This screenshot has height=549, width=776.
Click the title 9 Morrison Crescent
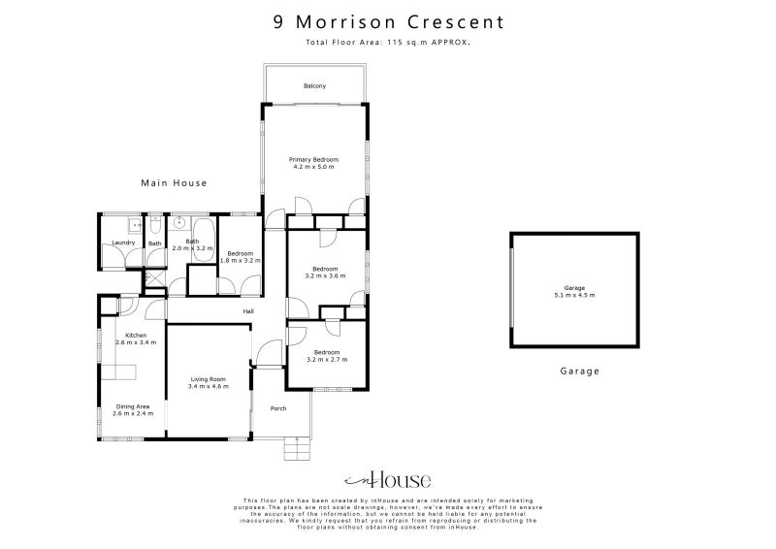(x=388, y=21)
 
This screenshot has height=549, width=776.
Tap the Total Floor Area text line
(x=388, y=44)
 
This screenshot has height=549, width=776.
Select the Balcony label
(x=314, y=86)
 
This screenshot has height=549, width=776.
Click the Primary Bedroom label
(x=313, y=159)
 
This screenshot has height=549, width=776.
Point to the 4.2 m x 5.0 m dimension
(x=313, y=167)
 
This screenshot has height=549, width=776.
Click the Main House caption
(x=174, y=182)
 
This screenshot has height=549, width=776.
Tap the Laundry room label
(x=122, y=242)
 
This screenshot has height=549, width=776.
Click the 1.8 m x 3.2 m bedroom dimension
(x=240, y=260)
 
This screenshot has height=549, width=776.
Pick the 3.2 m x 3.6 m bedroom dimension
(x=325, y=275)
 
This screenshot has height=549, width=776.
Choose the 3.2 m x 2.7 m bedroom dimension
(x=326, y=360)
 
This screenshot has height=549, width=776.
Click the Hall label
(x=248, y=311)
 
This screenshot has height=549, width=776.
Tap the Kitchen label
(x=129, y=335)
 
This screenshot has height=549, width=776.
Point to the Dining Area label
(x=132, y=406)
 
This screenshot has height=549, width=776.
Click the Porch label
(x=278, y=408)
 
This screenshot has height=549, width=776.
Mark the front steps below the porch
(x=296, y=447)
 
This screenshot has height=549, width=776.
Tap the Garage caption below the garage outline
(x=580, y=371)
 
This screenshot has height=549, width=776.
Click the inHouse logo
(x=388, y=480)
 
